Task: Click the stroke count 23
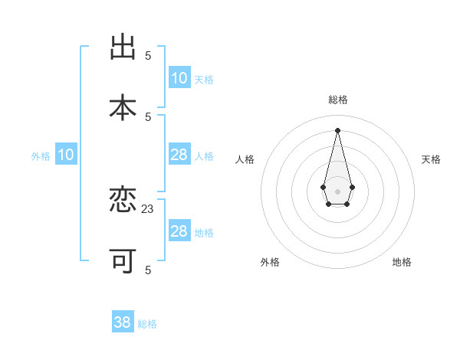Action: [148, 208]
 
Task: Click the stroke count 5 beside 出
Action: [148, 55]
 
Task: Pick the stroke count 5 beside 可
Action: [148, 269]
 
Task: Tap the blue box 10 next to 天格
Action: [179, 78]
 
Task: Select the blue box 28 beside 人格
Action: [179, 155]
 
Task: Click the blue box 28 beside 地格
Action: [179, 231]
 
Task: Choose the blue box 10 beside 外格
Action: [66, 155]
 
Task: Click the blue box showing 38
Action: [123, 322]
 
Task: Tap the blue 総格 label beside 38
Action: [147, 324]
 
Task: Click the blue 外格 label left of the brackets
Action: [41, 156]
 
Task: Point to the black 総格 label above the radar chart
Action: [337, 100]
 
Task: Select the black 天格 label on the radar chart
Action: [431, 159]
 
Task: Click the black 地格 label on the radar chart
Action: [402, 262]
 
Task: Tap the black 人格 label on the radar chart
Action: [245, 159]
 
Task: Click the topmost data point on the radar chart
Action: [337, 129]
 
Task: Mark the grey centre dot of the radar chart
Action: [337, 190]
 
